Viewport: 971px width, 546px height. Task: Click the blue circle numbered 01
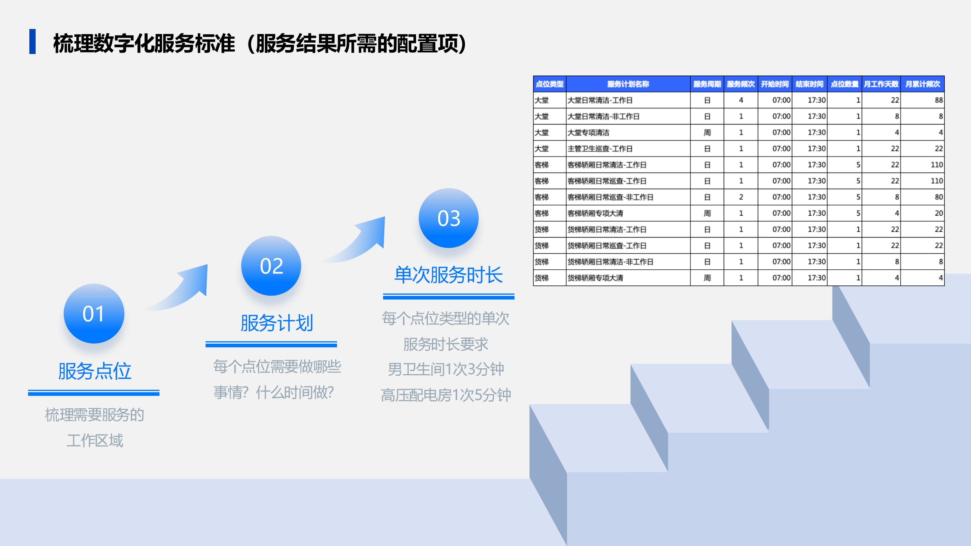(94, 314)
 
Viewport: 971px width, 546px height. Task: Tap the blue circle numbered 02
(271, 266)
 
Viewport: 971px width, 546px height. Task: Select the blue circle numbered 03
(449, 218)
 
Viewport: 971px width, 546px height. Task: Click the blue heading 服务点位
(94, 371)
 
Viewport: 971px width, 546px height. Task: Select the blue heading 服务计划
(277, 323)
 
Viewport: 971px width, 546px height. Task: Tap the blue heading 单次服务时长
(449, 275)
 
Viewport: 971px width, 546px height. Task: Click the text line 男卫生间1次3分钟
(446, 369)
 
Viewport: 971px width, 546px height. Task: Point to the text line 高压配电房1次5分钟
(446, 395)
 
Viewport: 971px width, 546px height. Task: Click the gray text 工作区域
(95, 440)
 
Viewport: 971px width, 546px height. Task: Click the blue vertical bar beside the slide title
(32, 41)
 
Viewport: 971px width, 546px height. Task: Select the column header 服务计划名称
(628, 84)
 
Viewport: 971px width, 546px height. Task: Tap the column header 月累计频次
(923, 84)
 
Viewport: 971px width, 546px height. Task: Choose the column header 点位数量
(845, 84)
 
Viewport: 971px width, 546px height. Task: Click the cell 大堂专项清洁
(588, 133)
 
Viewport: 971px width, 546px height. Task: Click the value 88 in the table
(939, 100)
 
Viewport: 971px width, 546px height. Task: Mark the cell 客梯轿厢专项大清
(595, 213)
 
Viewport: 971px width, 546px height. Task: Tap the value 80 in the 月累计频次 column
(939, 197)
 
